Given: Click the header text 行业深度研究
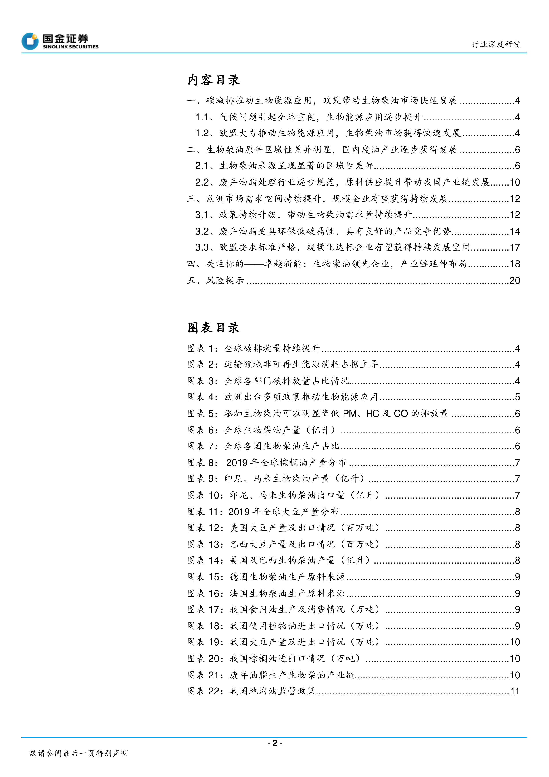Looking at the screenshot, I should pos(496,44).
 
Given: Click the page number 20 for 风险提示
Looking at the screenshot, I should pos(514,280).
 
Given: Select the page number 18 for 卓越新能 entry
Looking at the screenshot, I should pos(514,264).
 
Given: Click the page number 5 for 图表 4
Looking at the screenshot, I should pos(517,397).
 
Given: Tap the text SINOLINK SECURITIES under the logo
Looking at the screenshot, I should pos(70,47).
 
